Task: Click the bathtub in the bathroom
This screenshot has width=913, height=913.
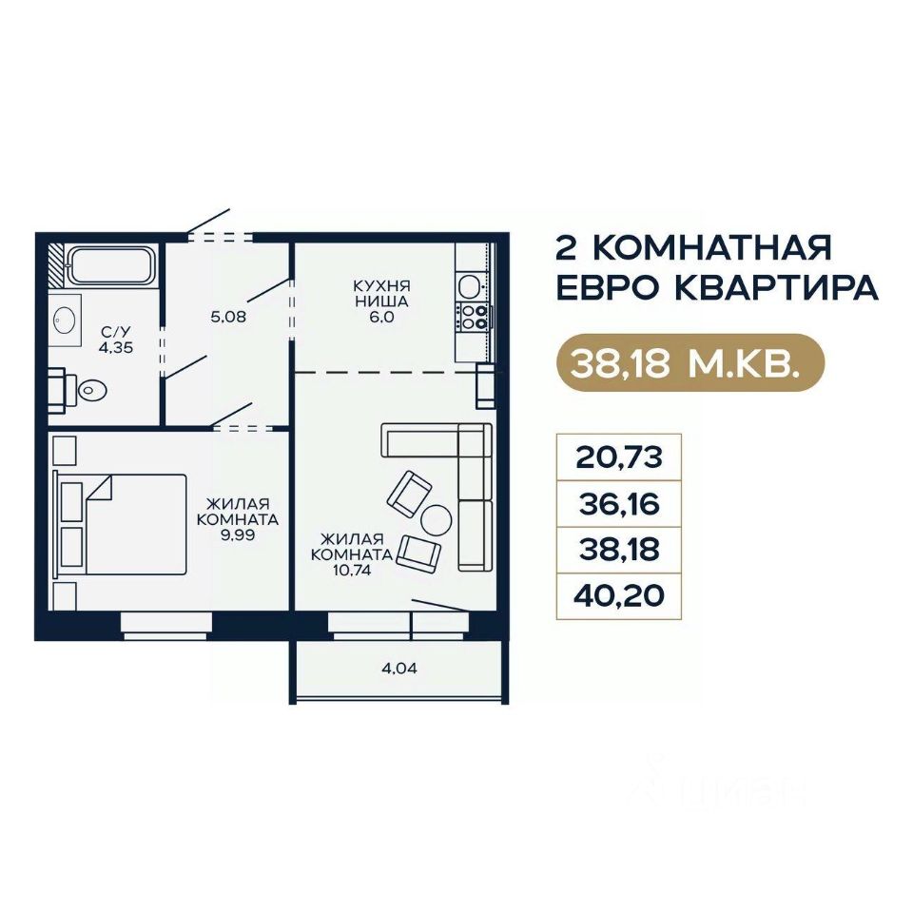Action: pyautogui.click(x=111, y=265)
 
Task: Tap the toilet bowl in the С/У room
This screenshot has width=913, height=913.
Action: pyautogui.click(x=92, y=389)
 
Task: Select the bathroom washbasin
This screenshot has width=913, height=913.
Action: pyautogui.click(x=64, y=321)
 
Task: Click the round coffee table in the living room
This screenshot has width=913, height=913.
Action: pyautogui.click(x=437, y=520)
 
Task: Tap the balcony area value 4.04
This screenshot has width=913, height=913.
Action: pyautogui.click(x=399, y=669)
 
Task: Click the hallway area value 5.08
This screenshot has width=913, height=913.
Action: pyautogui.click(x=228, y=317)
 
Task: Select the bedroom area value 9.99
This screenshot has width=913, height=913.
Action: pyautogui.click(x=238, y=535)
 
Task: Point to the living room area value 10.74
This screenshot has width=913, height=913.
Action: pyautogui.click(x=351, y=571)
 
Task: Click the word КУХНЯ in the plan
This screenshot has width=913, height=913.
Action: pyautogui.click(x=381, y=286)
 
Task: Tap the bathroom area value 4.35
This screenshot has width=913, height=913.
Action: pyautogui.click(x=116, y=348)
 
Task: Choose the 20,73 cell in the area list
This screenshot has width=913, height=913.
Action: pyautogui.click(x=619, y=457)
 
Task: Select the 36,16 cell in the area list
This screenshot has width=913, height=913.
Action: pyautogui.click(x=619, y=504)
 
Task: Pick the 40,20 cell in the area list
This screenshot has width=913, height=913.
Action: pyautogui.click(x=619, y=596)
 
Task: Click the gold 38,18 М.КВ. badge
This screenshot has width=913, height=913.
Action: pyautogui.click(x=690, y=362)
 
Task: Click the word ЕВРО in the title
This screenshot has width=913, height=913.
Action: pyautogui.click(x=609, y=288)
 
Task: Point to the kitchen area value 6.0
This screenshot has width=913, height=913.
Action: pyautogui.click(x=381, y=318)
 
